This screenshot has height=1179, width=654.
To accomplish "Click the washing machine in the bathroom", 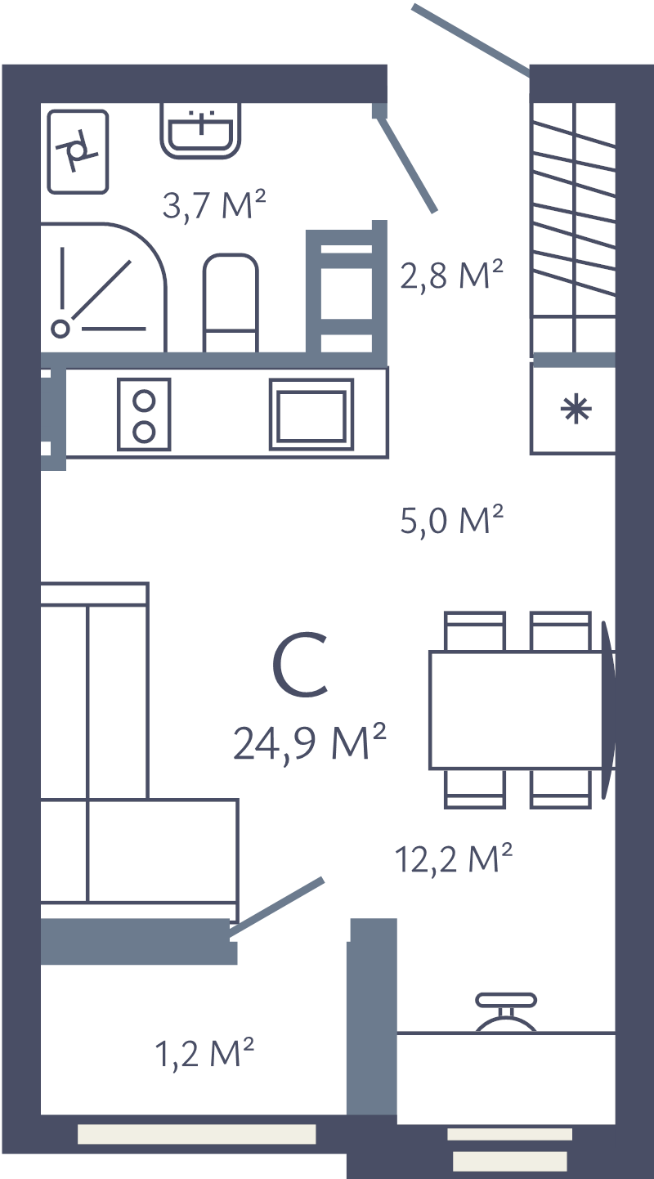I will pos(78,151).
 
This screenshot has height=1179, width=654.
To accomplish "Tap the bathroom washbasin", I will pos(201,129).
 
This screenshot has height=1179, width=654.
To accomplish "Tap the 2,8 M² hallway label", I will pos(450,276).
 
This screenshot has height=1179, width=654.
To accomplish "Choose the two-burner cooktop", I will pos(144,415).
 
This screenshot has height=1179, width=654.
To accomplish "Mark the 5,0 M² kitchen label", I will pos(450,520).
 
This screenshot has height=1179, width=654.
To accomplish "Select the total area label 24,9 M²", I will pos(309,742).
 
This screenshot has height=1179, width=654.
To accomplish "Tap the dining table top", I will pos(520,709).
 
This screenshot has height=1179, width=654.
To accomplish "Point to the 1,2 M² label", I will pos(204,1053).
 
